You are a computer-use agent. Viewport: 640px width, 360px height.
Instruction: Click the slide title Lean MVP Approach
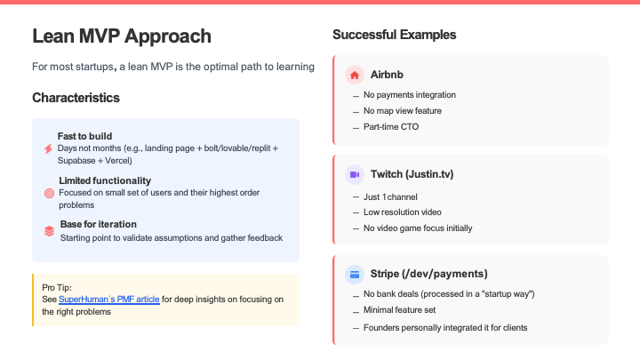click(x=122, y=36)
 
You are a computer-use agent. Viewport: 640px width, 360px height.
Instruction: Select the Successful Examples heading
click(x=395, y=35)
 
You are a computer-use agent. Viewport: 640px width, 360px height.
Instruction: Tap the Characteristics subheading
click(x=76, y=98)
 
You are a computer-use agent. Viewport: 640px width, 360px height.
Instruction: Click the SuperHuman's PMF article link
click(x=109, y=300)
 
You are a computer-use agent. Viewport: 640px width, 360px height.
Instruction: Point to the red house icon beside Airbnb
click(x=355, y=75)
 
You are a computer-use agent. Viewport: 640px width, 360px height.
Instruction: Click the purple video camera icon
click(x=355, y=175)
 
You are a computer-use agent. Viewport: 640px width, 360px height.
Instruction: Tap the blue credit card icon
click(x=355, y=275)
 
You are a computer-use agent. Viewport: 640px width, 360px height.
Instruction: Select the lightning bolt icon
click(x=49, y=149)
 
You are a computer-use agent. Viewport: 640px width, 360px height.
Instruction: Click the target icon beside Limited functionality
click(x=49, y=194)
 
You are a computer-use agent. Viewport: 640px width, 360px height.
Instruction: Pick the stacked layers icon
click(x=49, y=231)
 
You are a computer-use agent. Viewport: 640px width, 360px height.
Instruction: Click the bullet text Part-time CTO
click(x=391, y=127)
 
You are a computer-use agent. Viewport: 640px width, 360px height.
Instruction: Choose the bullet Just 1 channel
click(x=390, y=197)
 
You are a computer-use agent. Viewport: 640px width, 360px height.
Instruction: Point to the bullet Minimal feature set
click(x=399, y=310)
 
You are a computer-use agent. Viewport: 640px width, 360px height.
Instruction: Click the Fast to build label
click(x=84, y=136)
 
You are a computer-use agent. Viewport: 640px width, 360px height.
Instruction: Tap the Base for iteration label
click(x=99, y=225)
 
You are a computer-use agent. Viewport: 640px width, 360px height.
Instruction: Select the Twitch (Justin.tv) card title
click(x=412, y=174)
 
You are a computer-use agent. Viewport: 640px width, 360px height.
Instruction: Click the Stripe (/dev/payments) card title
click(x=428, y=274)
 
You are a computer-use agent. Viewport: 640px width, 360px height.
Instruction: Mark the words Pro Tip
click(x=57, y=288)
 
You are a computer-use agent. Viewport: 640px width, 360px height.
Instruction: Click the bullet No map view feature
click(x=403, y=111)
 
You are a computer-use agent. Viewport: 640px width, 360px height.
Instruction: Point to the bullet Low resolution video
click(x=403, y=212)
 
